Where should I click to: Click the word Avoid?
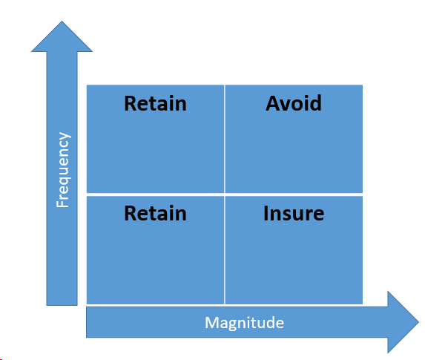(294, 103)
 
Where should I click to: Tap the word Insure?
(294, 213)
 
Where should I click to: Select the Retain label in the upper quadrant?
(155, 103)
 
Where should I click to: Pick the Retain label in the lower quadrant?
(155, 213)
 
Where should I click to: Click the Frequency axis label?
(63, 170)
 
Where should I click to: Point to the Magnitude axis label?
(244, 323)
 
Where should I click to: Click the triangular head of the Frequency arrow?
(62, 36)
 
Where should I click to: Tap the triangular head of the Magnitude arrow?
(403, 322)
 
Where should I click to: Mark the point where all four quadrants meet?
(225, 194)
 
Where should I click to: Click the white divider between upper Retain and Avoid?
(225, 139)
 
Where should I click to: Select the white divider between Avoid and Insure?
(294, 194)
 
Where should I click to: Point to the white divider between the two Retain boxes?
(155, 194)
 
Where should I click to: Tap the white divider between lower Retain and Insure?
(225, 250)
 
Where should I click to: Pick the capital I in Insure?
(266, 213)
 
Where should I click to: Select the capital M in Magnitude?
(211, 322)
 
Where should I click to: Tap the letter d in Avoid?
(316, 103)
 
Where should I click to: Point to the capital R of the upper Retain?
(131, 103)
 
